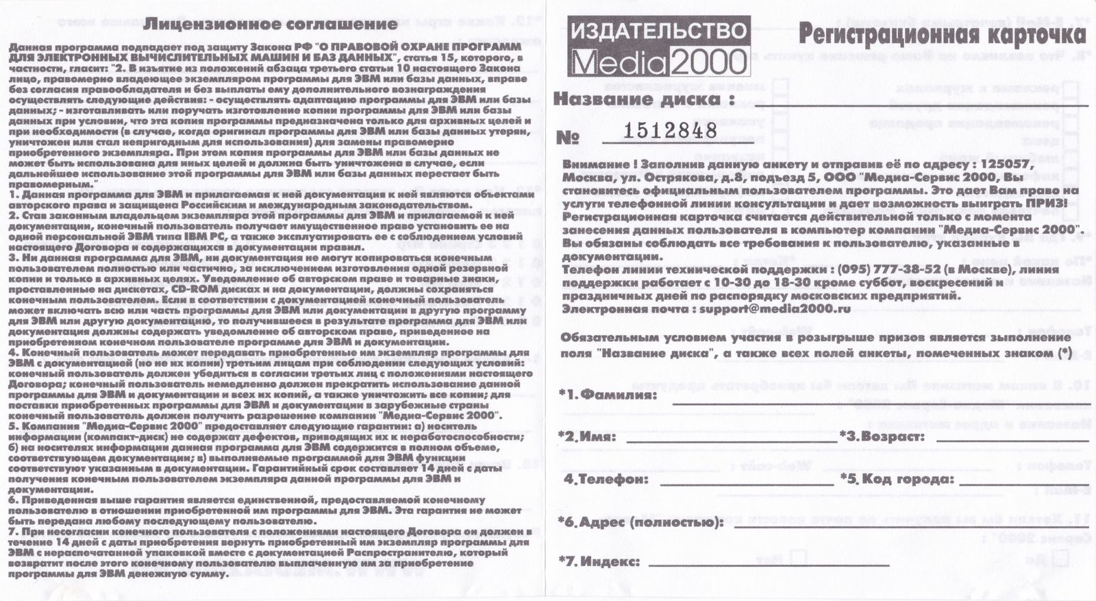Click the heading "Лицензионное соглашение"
point(271,24)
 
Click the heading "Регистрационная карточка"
point(942,32)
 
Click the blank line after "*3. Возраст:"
point(1007,441)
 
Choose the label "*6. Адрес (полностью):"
point(641,523)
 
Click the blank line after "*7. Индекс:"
point(767,565)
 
